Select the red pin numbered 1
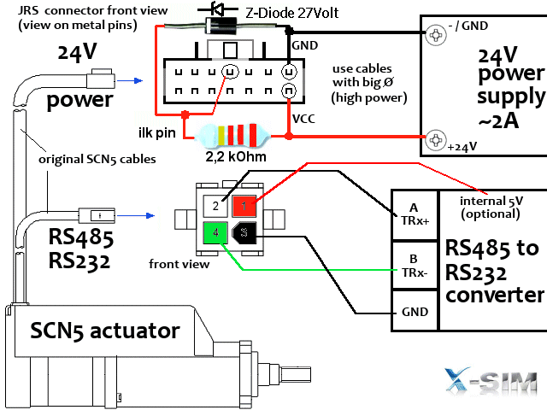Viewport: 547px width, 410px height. point(244,205)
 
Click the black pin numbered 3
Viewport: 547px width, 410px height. point(244,231)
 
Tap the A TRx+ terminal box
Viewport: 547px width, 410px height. point(414,214)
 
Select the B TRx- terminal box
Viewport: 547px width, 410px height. point(414,265)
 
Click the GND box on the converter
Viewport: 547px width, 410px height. point(414,312)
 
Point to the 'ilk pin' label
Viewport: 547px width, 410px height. point(157,132)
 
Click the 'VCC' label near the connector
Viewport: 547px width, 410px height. point(303,119)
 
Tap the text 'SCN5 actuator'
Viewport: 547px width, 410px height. point(105,330)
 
